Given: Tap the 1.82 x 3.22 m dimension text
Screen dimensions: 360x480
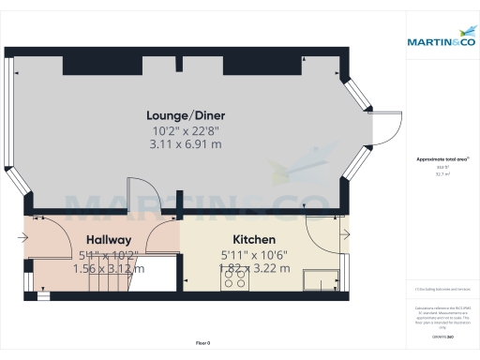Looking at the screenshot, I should click(x=254, y=269).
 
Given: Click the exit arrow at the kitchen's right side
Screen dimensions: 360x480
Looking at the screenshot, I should click(x=345, y=234).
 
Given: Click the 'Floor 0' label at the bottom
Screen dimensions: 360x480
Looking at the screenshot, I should click(x=202, y=344).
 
